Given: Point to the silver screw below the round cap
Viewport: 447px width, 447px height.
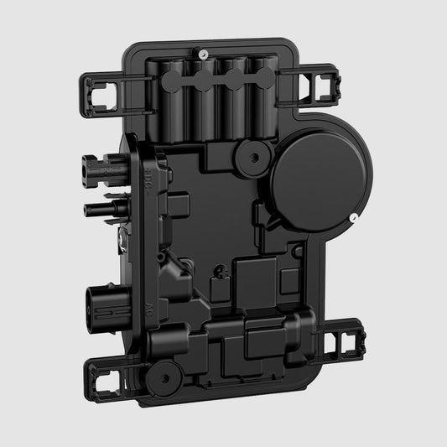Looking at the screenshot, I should (356, 220).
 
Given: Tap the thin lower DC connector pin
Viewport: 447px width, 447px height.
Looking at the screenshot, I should (97, 204).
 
